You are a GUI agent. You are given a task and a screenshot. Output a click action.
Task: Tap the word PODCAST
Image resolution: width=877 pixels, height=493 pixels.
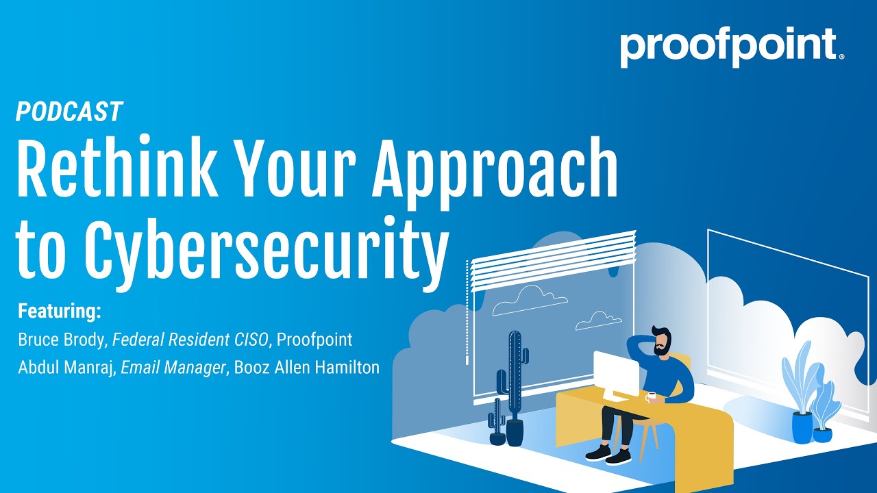point(69,111)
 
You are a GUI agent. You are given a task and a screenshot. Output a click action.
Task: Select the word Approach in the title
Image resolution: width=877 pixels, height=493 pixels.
point(495,170)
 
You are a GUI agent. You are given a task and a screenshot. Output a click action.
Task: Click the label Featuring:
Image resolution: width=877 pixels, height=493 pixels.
point(60,312)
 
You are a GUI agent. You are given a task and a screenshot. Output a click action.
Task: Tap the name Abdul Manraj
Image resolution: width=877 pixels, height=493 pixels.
point(66,367)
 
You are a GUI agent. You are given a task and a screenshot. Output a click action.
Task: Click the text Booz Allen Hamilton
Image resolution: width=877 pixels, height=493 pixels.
point(306,367)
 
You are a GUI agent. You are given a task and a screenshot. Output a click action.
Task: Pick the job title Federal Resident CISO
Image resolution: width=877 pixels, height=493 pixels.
point(191,339)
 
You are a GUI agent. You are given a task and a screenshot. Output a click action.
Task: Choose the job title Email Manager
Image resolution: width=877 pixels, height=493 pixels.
point(173,367)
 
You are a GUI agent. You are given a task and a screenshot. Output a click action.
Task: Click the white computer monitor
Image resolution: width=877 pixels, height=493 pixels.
point(615,375)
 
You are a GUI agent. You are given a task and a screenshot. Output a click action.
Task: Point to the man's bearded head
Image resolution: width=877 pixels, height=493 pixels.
point(661,340)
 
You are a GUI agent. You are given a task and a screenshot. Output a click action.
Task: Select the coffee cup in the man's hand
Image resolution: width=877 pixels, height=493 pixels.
point(650,396)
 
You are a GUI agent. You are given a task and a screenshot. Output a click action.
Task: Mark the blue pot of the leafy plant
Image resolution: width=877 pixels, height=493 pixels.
point(802,427)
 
